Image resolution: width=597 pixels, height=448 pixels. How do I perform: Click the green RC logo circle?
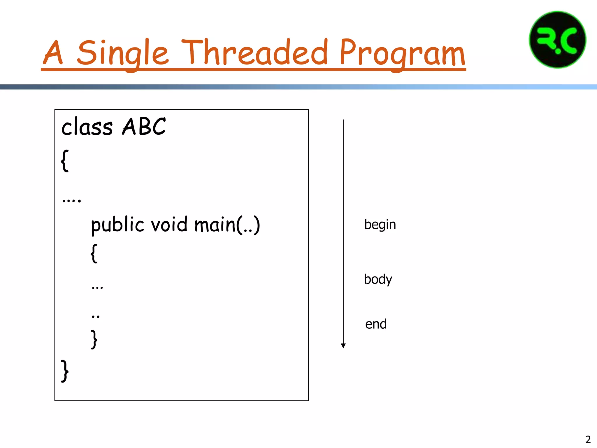coord(557,40)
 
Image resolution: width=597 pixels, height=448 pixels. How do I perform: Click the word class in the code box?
coord(87,127)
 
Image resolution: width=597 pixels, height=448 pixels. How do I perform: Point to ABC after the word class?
coord(144,127)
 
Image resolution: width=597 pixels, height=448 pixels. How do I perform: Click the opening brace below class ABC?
coord(65,161)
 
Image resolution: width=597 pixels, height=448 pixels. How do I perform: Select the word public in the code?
coord(117,225)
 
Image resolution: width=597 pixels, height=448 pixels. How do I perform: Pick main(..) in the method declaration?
coord(227,225)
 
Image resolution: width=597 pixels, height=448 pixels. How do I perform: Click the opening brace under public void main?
coord(94,253)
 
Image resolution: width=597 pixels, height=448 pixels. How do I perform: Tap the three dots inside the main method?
coord(97,288)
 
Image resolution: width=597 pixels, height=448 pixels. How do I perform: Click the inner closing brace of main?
coord(94,339)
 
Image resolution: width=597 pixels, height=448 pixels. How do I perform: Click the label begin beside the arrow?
coord(380,225)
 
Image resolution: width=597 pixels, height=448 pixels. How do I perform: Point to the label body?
coord(378,279)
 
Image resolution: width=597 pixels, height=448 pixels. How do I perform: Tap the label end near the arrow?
coord(376,324)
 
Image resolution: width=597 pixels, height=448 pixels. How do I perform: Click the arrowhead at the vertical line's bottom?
coord(343,346)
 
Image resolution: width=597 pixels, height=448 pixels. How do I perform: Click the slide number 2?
coord(588,439)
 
